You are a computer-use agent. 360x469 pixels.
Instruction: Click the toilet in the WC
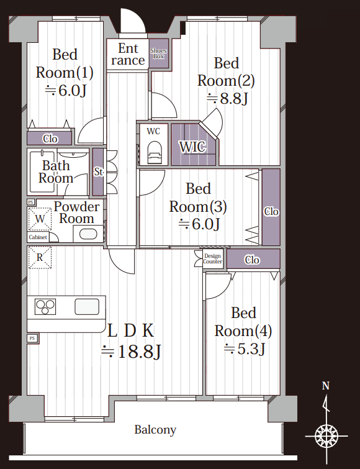click(x=155, y=152)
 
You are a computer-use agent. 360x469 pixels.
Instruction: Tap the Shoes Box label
click(x=159, y=53)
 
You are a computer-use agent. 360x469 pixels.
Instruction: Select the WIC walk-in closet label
click(x=192, y=147)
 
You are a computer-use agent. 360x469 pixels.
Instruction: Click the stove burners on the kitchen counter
click(x=45, y=307)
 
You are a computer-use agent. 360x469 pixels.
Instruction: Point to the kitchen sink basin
click(x=87, y=307)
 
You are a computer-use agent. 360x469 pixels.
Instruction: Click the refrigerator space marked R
click(x=40, y=257)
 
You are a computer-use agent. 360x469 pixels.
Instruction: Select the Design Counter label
click(x=212, y=258)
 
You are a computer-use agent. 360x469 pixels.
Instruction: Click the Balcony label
click(x=155, y=430)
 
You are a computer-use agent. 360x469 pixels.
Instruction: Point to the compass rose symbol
click(x=326, y=436)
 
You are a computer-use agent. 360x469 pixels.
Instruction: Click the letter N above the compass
click(x=326, y=386)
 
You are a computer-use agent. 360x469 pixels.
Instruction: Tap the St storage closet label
click(x=99, y=171)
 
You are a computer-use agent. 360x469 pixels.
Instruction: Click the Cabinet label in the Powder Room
click(x=38, y=237)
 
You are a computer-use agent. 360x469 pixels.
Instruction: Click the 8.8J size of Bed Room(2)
click(x=227, y=99)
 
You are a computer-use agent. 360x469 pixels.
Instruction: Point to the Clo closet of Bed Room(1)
click(x=50, y=139)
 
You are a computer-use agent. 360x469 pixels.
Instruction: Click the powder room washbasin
click(x=88, y=234)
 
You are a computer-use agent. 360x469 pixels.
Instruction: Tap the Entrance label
click(x=128, y=54)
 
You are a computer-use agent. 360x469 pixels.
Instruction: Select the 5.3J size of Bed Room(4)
click(x=245, y=348)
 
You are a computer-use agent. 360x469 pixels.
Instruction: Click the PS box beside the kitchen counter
click(x=32, y=339)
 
